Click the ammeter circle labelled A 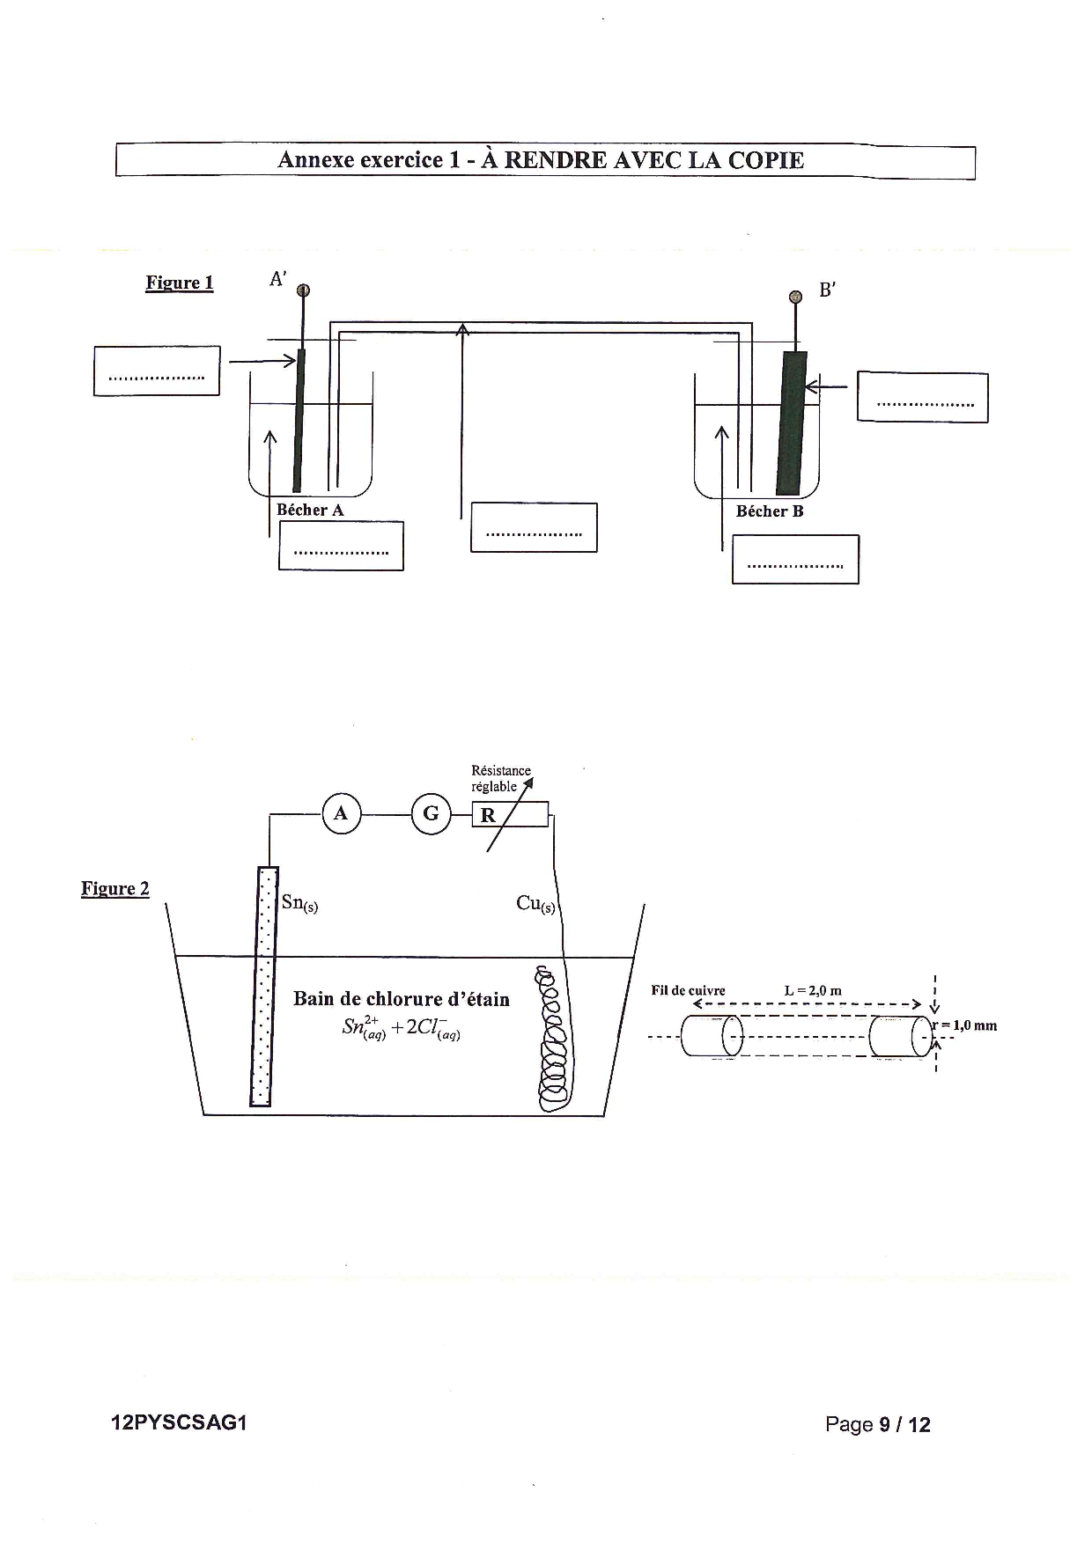click(x=341, y=814)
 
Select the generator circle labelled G click(x=431, y=814)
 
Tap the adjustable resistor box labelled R click(x=511, y=815)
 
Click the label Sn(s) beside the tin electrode click(x=299, y=903)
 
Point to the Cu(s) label click(x=535, y=904)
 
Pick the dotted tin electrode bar click(x=261, y=987)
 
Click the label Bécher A click(x=310, y=510)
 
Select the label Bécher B click(x=770, y=511)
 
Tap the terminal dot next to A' click(x=302, y=291)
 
